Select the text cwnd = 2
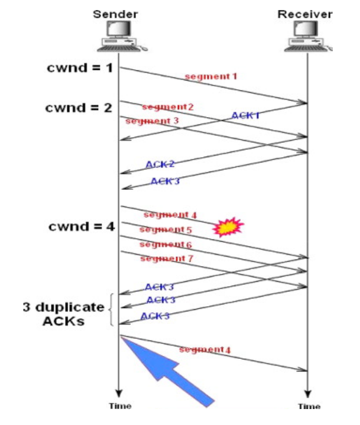point(78,108)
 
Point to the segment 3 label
point(145,121)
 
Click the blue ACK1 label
point(245,115)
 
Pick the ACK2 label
point(160,164)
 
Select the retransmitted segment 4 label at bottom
point(204,350)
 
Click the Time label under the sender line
point(119,407)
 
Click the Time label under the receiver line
point(309,407)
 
